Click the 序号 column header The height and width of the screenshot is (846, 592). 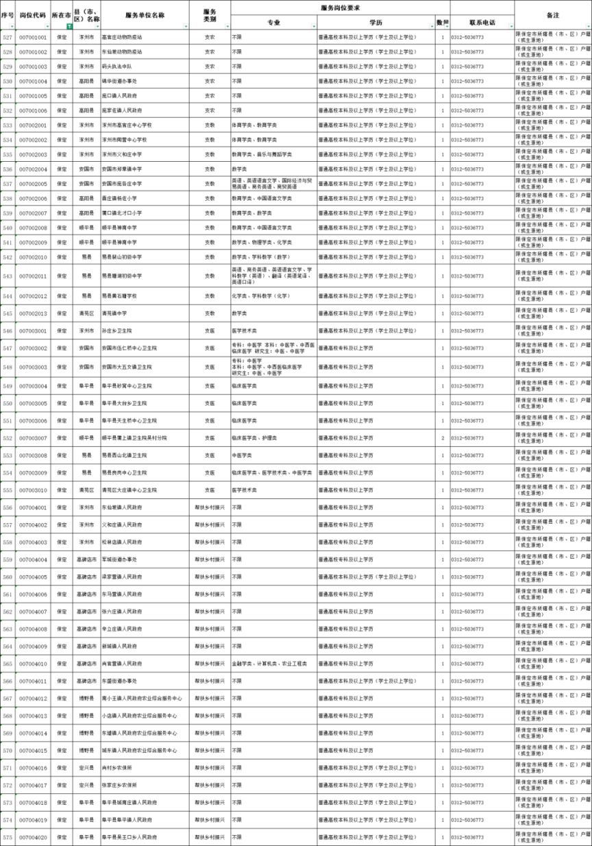tap(8, 14)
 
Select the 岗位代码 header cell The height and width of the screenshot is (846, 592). tap(33, 14)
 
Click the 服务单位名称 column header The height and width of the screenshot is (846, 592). tap(145, 14)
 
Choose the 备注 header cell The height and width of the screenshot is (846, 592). tap(553, 14)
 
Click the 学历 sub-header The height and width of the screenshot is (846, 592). tap(375, 23)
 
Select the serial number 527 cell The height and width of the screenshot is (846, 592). tap(8, 37)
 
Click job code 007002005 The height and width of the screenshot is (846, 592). tap(33, 184)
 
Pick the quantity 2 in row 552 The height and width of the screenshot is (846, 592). tap(443, 437)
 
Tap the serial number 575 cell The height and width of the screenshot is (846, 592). tap(8, 837)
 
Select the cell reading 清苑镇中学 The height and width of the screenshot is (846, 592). tap(114, 313)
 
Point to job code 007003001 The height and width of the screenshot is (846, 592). tap(33, 331)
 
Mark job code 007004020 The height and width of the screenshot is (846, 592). tap(33, 837)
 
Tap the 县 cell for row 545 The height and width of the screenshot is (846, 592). tap(86, 313)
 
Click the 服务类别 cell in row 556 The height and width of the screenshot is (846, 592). tap(210, 507)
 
